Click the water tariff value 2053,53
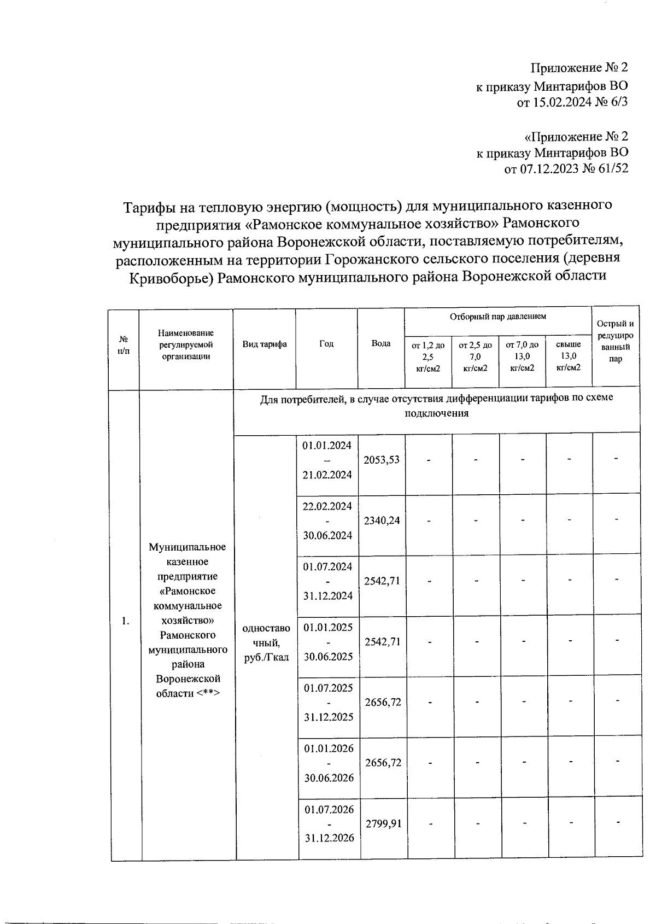point(382,460)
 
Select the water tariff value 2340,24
point(382,521)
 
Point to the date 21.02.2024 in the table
point(327,475)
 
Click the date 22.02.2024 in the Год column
point(327,506)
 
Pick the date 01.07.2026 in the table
point(329,809)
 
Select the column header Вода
point(381,344)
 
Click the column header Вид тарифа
point(265,344)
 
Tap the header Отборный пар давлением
point(497,317)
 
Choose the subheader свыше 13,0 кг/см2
point(569,356)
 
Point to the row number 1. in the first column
point(126,621)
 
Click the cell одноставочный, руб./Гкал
point(266,642)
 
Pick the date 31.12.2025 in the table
point(329,717)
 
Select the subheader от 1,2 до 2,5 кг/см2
point(428,356)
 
